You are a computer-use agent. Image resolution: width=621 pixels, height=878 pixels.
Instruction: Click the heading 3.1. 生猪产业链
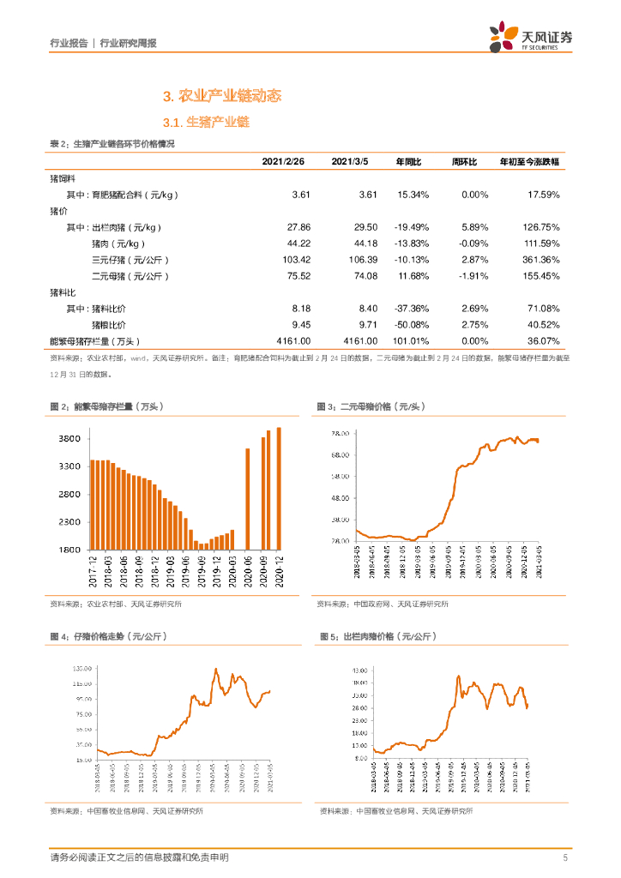(206, 123)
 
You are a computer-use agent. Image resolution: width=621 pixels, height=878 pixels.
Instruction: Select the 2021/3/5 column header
(349, 161)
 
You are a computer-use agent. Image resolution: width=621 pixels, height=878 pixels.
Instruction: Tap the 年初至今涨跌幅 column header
(529, 161)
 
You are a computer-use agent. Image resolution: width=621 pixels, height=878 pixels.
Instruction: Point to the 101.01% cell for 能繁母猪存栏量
(412, 340)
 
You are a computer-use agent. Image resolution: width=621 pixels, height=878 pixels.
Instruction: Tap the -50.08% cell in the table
(412, 324)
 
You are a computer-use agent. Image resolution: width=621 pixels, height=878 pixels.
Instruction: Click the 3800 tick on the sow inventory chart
(69, 439)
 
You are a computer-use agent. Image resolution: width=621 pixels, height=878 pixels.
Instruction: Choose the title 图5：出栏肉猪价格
(378, 637)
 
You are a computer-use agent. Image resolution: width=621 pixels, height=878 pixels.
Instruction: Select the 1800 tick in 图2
(69, 550)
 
